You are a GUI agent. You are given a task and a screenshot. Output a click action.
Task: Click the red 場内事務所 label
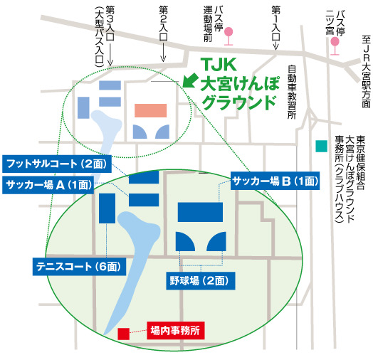coord(175,330)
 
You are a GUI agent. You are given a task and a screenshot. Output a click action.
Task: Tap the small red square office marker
coord(123,333)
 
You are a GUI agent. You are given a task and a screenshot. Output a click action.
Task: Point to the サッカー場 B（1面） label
coord(275,182)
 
